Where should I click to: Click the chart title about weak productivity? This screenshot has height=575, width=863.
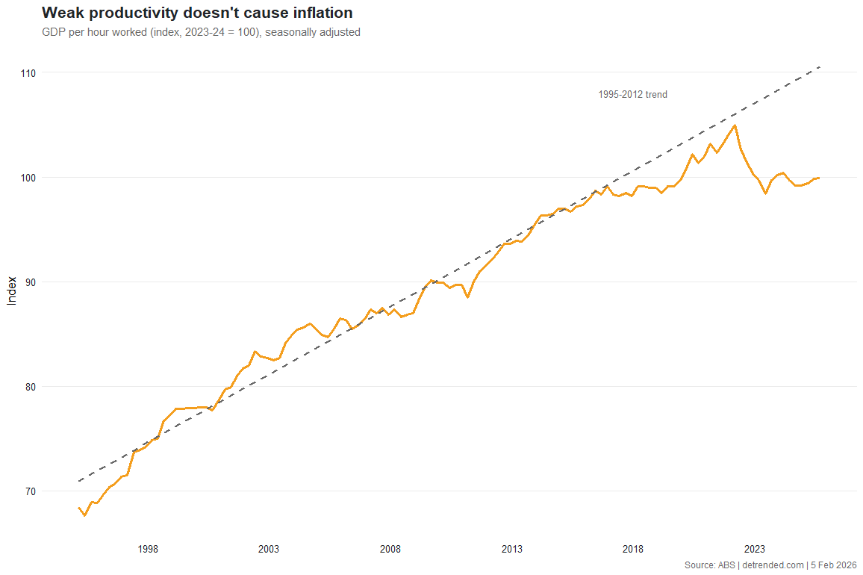click(x=197, y=13)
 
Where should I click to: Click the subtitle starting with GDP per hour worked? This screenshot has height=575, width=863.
click(x=201, y=32)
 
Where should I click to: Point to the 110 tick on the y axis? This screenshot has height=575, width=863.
click(x=28, y=73)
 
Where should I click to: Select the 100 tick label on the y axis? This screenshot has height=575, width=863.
click(x=28, y=178)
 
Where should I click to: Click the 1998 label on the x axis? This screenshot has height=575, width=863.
click(x=148, y=550)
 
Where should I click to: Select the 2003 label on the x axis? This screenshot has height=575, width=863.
click(x=269, y=550)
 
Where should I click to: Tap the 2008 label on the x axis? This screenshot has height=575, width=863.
click(x=390, y=550)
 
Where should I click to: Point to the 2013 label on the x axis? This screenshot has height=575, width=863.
click(x=512, y=550)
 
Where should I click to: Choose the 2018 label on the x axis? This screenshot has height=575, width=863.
click(x=633, y=550)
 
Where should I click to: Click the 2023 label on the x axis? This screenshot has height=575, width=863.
click(x=755, y=550)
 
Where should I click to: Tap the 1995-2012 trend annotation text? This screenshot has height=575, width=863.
click(x=632, y=95)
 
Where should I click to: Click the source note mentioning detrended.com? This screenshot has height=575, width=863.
click(x=770, y=565)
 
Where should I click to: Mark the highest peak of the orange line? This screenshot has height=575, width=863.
click(x=735, y=125)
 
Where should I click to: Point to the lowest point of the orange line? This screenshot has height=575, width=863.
click(x=84, y=515)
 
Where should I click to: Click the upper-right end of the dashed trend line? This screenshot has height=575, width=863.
click(x=820, y=67)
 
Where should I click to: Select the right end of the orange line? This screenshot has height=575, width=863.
click(x=819, y=178)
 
